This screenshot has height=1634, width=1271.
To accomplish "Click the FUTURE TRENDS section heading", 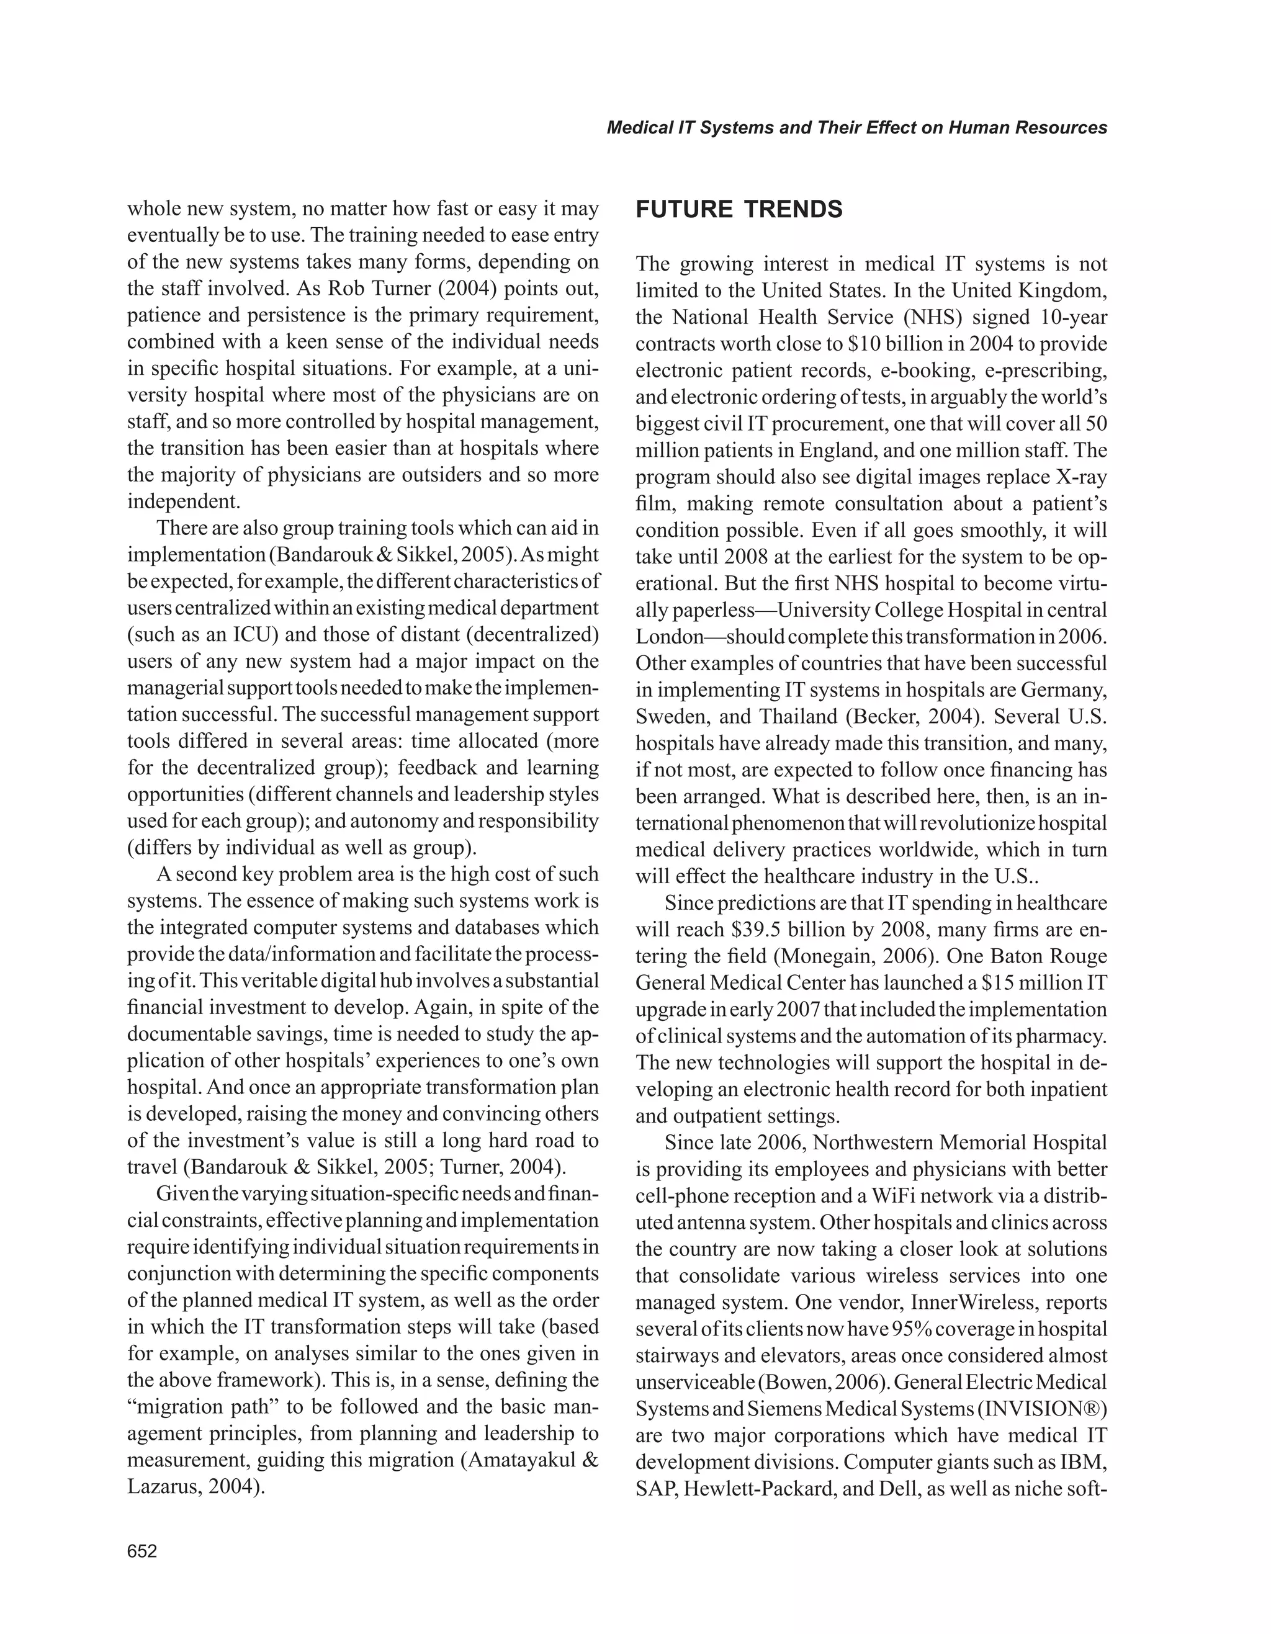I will point(739,210).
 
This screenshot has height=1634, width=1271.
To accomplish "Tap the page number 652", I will point(142,1551).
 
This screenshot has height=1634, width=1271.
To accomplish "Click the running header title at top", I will point(856,128).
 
